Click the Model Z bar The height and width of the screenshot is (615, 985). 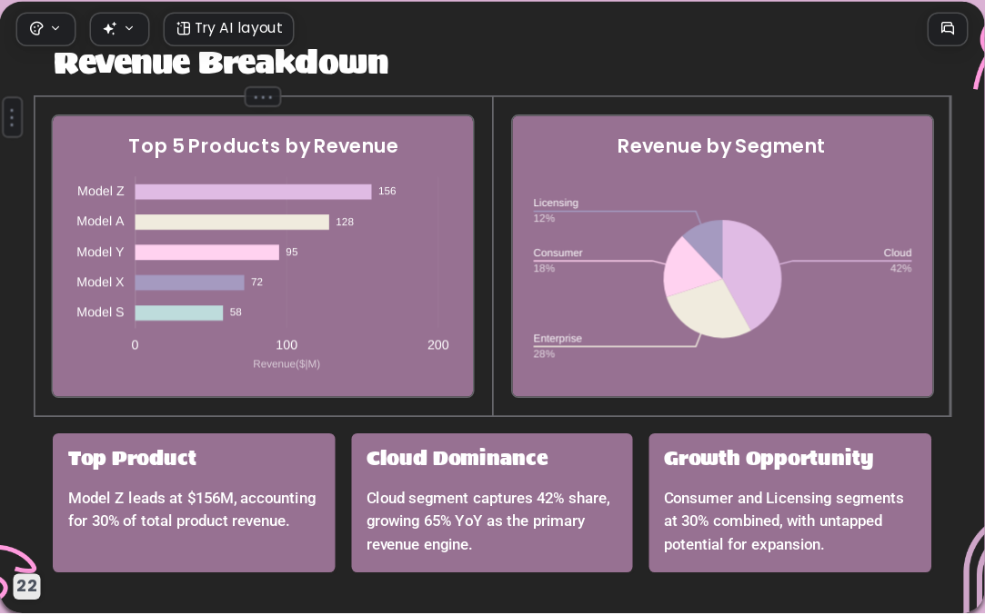pyautogui.click(x=253, y=192)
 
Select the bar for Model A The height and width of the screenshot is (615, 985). pyautogui.click(x=232, y=222)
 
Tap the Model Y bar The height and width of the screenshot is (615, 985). pyautogui.click(x=206, y=252)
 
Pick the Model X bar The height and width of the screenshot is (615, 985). pyautogui.click(x=190, y=283)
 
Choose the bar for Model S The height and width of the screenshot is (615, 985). pyautogui.click(x=179, y=312)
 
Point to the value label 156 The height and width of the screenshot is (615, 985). pyautogui.click(x=387, y=191)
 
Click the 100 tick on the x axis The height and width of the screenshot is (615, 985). pyautogui.click(x=286, y=344)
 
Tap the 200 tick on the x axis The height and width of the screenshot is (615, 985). pyautogui.click(x=437, y=344)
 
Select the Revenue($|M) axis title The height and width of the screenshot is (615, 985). pyautogui.click(x=286, y=364)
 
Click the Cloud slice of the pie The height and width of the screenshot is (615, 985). pyautogui.click(x=752, y=267)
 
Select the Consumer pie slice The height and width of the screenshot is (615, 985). pyautogui.click(x=688, y=267)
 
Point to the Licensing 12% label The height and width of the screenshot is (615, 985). pyautogui.click(x=556, y=210)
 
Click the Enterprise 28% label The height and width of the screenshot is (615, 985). pyautogui.click(x=558, y=346)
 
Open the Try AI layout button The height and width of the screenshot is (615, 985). pyautogui.click(x=228, y=29)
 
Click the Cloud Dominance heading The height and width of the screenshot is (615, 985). pyautogui.click(x=457, y=458)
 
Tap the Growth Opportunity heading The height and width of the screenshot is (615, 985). pyautogui.click(x=769, y=459)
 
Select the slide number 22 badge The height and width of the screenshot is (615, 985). pyautogui.click(x=26, y=586)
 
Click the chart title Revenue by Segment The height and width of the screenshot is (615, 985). pyautogui.click(x=720, y=146)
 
